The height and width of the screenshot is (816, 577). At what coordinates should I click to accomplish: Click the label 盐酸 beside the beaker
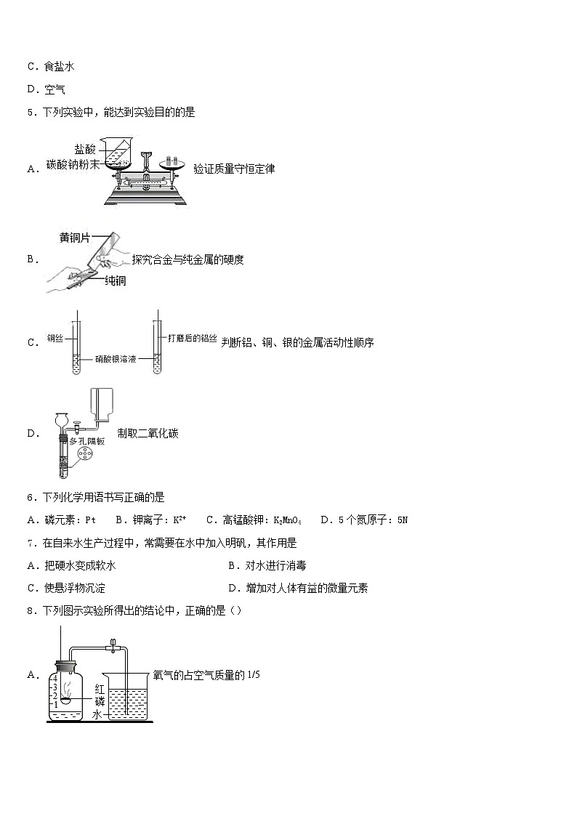click(x=85, y=148)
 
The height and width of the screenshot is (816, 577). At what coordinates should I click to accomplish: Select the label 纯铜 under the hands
click(x=115, y=280)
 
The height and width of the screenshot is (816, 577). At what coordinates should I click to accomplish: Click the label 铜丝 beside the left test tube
click(x=55, y=338)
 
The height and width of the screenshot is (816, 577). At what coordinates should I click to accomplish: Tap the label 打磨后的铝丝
click(x=192, y=338)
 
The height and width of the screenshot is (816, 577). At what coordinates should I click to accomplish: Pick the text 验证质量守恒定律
click(x=234, y=169)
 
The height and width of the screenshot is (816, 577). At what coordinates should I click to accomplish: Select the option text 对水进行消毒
click(x=280, y=565)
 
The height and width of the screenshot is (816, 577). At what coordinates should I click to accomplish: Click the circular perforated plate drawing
click(x=84, y=456)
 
